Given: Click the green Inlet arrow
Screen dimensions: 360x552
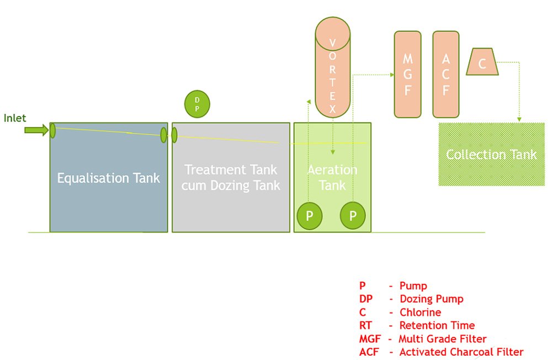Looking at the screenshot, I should pyautogui.click(x=36, y=130).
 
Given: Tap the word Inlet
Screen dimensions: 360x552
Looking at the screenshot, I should pyautogui.click(x=15, y=118).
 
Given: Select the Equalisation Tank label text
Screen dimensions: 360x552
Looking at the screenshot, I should pyautogui.click(x=109, y=178).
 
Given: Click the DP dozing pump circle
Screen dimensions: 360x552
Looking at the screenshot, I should pyautogui.click(x=197, y=104).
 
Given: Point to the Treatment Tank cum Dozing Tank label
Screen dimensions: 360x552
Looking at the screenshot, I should pyautogui.click(x=231, y=177).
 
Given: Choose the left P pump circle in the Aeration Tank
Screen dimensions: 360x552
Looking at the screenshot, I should pyautogui.click(x=310, y=216).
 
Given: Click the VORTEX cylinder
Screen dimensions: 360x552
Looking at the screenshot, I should pyautogui.click(x=332, y=69).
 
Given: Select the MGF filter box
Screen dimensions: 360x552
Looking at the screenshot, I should pyautogui.click(x=407, y=75).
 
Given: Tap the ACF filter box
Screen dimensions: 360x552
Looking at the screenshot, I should pyautogui.click(x=446, y=75).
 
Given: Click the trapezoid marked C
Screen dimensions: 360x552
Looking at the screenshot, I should pyautogui.click(x=482, y=62).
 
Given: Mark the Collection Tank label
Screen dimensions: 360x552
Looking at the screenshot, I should pyautogui.click(x=491, y=154).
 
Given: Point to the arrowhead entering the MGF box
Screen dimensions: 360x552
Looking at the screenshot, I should pyautogui.click(x=390, y=74).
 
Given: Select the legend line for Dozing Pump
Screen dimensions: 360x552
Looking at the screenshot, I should pyautogui.click(x=411, y=299).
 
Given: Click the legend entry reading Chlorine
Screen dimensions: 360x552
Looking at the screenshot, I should pyautogui.click(x=400, y=312).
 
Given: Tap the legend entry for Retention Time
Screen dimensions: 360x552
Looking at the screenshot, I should pyautogui.click(x=416, y=325).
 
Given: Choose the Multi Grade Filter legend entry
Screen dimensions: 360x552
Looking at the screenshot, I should pyautogui.click(x=422, y=338).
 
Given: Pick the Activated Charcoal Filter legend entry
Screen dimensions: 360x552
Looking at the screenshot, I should pyautogui.click(x=440, y=352).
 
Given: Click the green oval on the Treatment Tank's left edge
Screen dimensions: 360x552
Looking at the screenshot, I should pyautogui.click(x=174, y=135).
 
